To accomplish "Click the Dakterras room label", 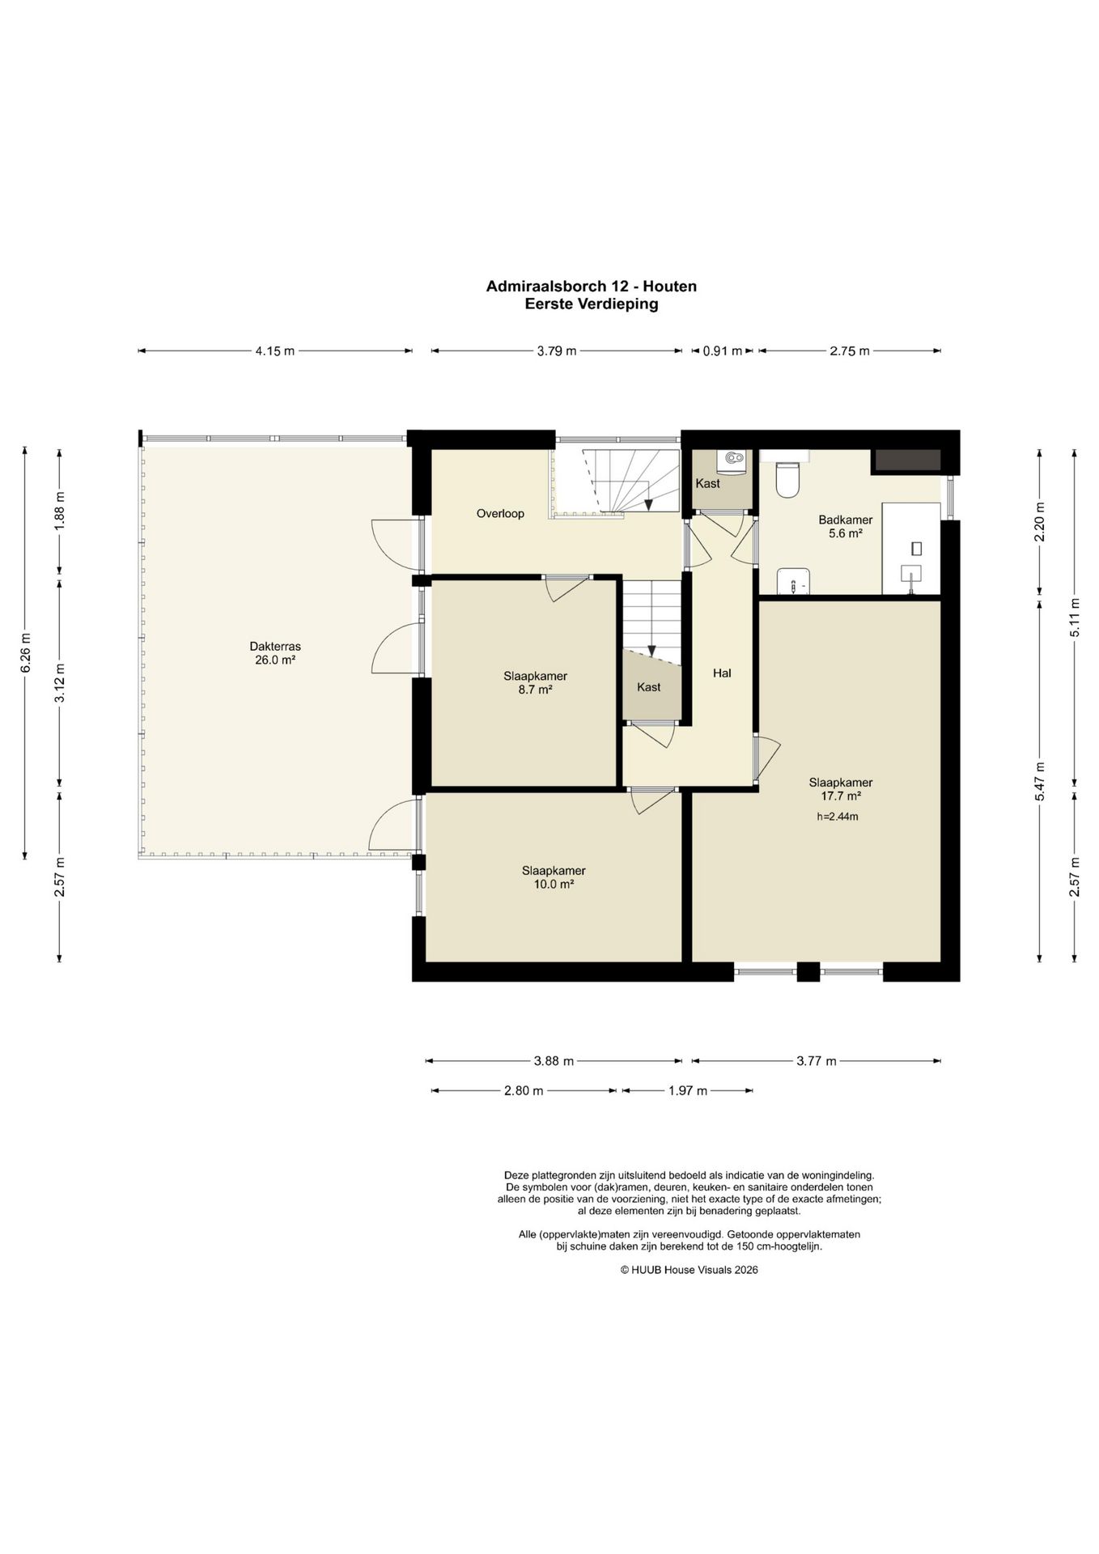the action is point(275,653).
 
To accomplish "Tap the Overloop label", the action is point(500,513).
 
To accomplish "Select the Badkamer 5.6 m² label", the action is point(845,527).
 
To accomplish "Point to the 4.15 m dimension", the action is point(275,351).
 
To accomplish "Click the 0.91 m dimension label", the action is point(722,351).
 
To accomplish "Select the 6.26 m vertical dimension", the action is point(25,652).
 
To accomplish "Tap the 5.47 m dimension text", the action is point(1040,781).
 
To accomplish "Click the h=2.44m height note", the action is point(838,817).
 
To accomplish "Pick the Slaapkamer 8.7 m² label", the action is point(535,683).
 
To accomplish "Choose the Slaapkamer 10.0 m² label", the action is point(554,877).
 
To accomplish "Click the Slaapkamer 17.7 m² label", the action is point(841,789).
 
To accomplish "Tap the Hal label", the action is point(722,673).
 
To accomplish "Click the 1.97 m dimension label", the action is point(688,1091).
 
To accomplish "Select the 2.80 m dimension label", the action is point(524,1091).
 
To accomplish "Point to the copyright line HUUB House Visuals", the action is point(689,1270).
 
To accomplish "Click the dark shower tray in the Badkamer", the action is point(906,461).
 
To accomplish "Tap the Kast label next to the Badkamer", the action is point(708,484).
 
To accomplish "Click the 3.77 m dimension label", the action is point(816,1061).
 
